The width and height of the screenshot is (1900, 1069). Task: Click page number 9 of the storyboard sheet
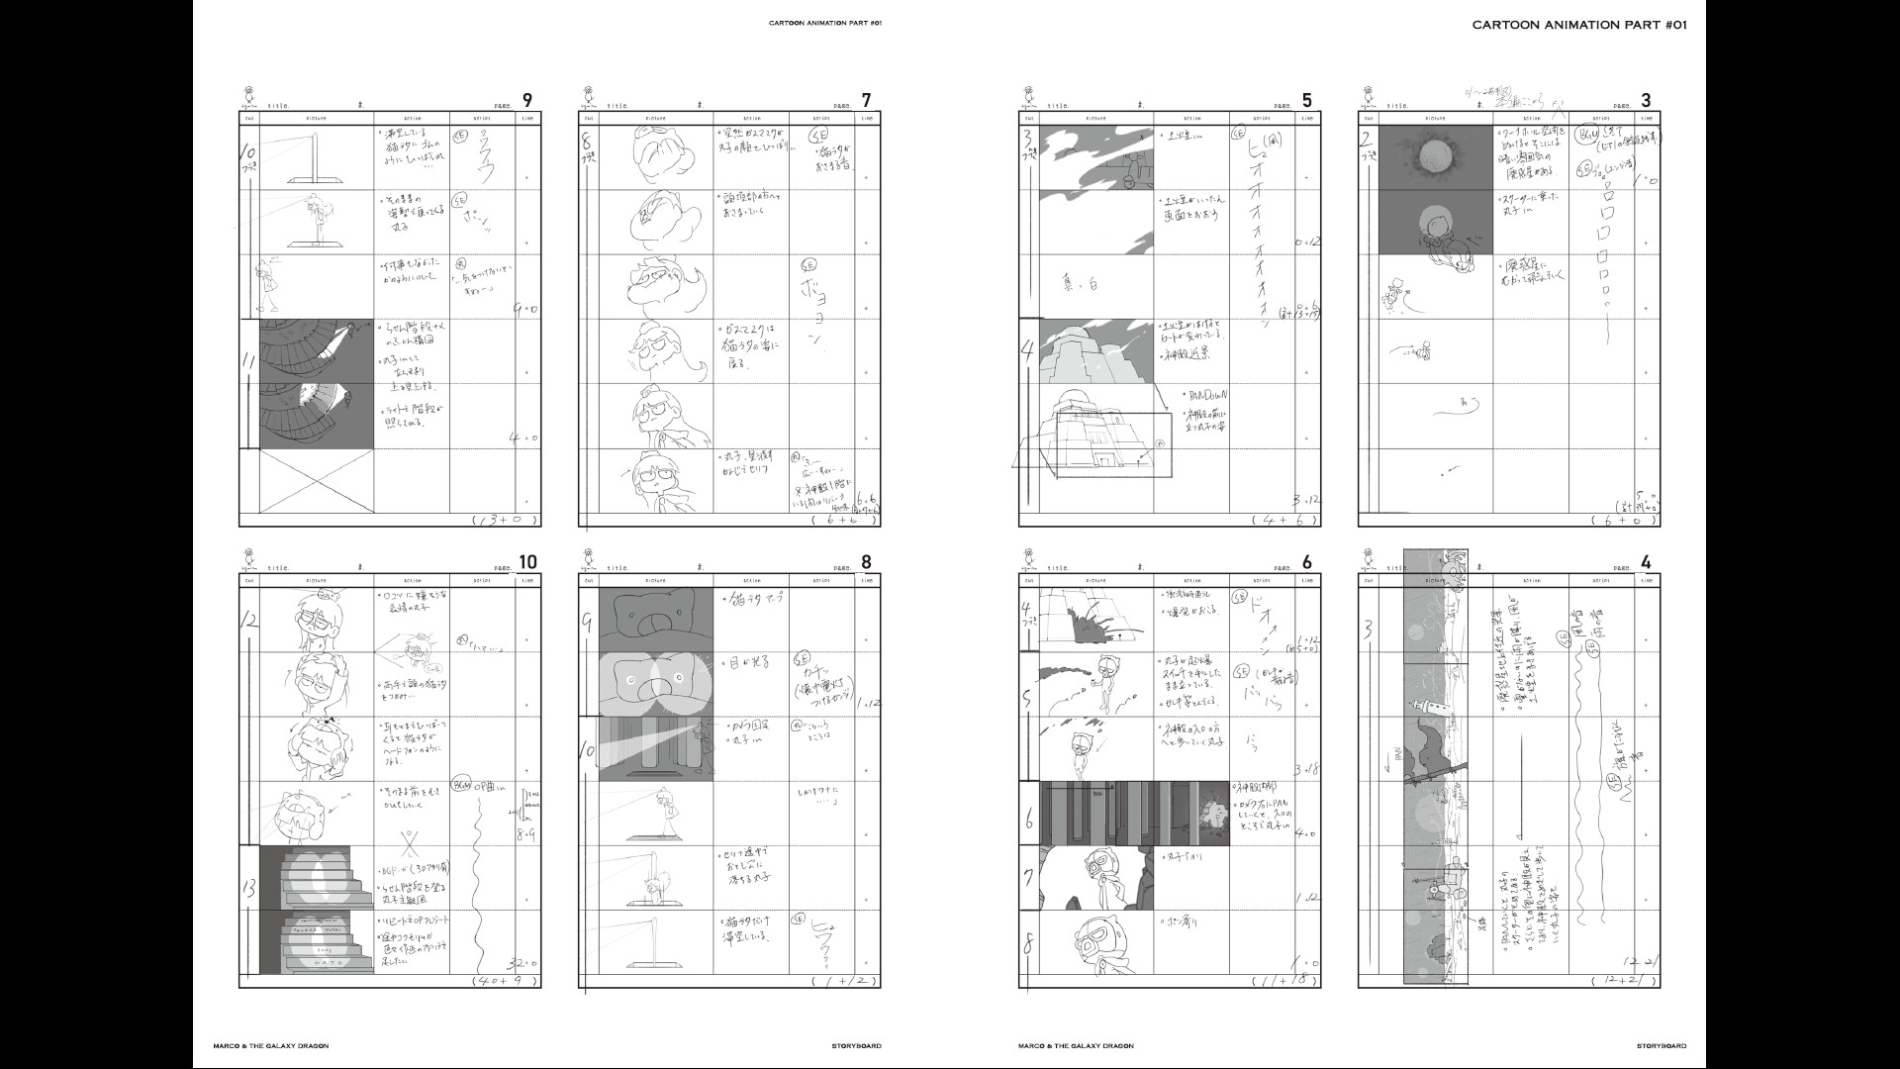pos(526,100)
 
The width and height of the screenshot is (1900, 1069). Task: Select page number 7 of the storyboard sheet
pos(866,100)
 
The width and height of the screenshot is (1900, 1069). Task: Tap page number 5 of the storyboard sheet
pos(1306,100)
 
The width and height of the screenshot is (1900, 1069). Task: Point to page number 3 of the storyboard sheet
pos(1646,100)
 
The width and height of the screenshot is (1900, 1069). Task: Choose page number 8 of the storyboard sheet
pos(866,563)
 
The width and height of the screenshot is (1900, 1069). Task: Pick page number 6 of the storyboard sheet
pos(1306,563)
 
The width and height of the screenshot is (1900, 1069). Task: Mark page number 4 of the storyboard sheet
pos(1646,563)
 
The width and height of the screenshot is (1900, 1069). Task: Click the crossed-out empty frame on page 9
pos(317,480)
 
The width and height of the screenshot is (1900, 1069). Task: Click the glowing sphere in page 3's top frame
pos(1435,155)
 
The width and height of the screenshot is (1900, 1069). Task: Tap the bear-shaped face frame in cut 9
pos(654,620)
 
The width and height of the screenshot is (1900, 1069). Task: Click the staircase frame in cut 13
pos(317,911)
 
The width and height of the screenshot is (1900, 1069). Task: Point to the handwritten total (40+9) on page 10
pos(506,981)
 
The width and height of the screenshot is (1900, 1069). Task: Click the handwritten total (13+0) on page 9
pos(506,520)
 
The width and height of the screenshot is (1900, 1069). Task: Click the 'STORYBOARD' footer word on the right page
pos(1662,1045)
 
